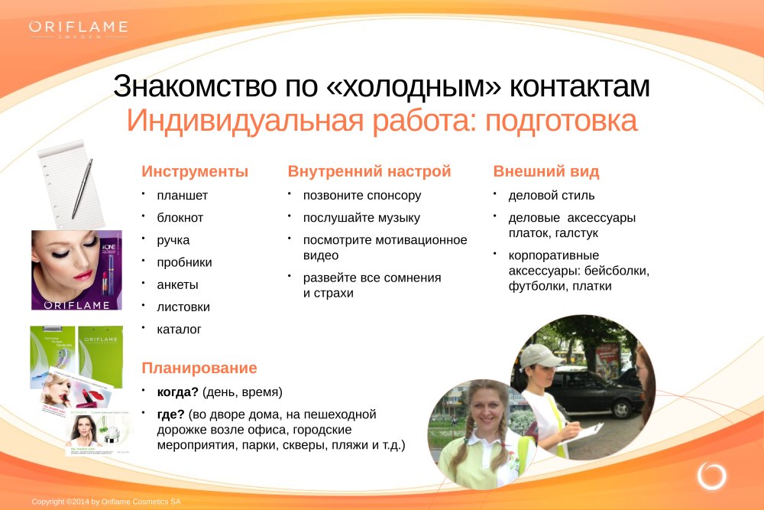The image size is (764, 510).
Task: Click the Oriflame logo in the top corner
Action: [78, 29]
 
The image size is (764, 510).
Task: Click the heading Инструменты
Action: [195, 171]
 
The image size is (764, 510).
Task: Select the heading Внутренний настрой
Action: [369, 171]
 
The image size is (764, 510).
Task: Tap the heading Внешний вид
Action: [546, 171]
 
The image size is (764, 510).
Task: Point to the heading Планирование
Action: [199, 368]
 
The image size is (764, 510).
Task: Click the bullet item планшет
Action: [183, 196]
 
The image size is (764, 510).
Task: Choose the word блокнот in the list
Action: [180, 217]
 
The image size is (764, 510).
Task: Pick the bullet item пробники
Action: [184, 262]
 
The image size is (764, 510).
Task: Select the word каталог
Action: [179, 330]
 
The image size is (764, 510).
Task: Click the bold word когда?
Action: [178, 392]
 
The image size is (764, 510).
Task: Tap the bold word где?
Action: [170, 414]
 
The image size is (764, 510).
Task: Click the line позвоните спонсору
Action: [362, 196]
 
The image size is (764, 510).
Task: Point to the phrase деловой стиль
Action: [552, 196]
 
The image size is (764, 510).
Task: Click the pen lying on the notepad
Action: [82, 189]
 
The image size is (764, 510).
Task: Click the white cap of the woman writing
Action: [539, 356]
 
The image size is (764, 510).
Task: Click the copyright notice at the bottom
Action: [106, 502]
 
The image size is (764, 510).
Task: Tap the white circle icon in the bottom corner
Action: [711, 476]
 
